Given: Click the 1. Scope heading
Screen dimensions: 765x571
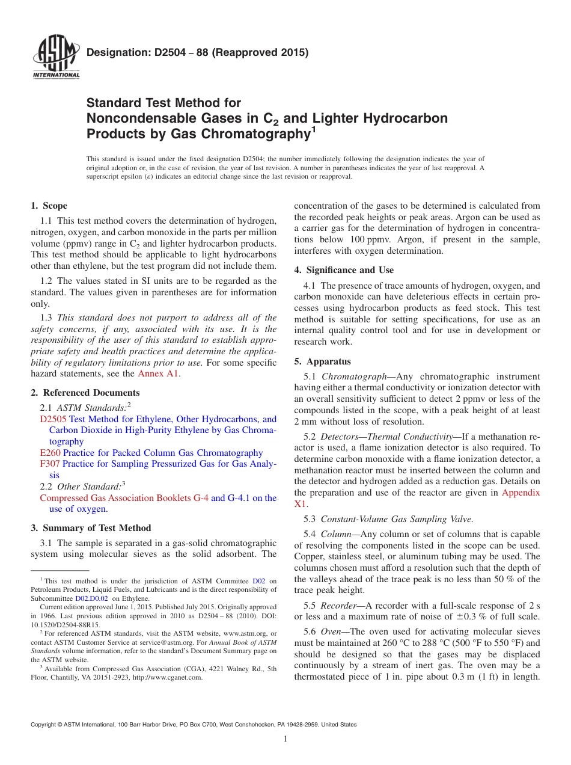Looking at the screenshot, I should [49, 206].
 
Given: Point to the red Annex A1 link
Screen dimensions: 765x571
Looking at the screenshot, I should [159, 373].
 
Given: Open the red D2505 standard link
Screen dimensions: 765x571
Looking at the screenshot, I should [53, 419].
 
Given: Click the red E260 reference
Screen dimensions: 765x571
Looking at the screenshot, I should [50, 453].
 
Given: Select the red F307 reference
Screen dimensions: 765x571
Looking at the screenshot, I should [50, 464].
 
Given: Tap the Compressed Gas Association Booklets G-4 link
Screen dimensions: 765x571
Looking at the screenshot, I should [124, 498].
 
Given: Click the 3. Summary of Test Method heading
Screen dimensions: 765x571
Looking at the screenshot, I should [91, 528].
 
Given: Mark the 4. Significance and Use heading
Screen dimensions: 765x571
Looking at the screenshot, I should [344, 270].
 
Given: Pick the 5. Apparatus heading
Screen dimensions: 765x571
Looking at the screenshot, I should [323, 361].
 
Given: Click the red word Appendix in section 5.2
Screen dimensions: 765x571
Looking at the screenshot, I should [521, 493].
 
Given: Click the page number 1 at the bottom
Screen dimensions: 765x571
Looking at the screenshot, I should [285, 739].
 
